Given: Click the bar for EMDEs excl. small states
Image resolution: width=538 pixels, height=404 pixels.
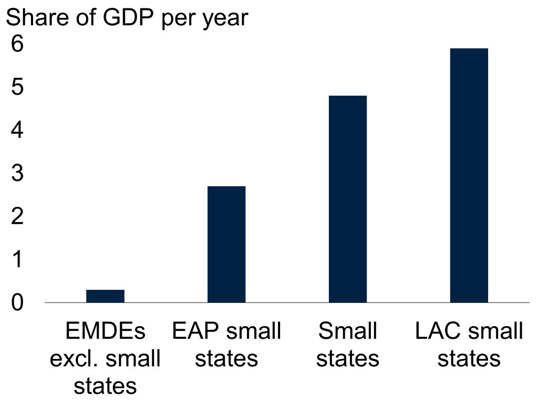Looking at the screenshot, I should click(105, 296).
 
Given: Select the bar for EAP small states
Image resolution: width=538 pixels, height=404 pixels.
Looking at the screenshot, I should click(226, 244).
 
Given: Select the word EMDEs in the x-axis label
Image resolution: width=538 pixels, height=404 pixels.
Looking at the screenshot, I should click(105, 331).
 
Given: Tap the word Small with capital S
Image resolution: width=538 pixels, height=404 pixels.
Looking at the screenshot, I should click(348, 331).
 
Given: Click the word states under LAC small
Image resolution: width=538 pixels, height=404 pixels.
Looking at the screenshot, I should click(469, 359).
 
